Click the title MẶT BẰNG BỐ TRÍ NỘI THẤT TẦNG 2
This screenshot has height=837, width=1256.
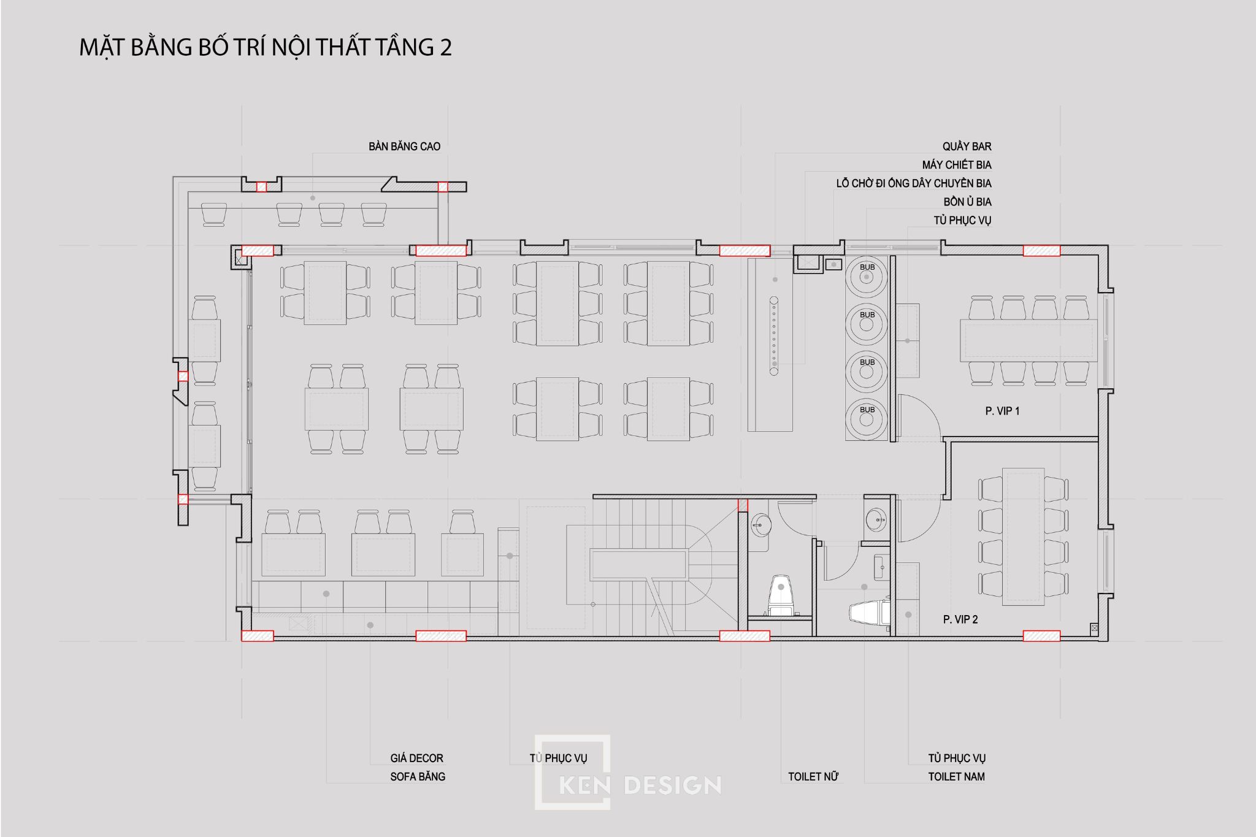[266, 47]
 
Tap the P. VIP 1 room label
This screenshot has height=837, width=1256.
[1002, 411]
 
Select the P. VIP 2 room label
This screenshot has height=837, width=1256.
[960, 619]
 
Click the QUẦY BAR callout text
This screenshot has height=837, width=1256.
[967, 147]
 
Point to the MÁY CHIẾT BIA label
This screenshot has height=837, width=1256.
[957, 165]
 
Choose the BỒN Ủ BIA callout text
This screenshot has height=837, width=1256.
[967, 202]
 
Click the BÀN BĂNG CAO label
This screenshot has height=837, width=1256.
[404, 147]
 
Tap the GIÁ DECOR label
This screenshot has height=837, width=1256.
[416, 758]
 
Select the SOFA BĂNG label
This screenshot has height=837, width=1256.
[418, 776]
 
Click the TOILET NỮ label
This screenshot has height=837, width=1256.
[813, 776]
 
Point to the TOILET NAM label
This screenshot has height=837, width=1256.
[956, 776]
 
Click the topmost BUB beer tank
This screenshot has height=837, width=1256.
[867, 277]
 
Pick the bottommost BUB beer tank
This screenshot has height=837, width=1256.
[867, 419]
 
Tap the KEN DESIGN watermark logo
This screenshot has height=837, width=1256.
[627, 772]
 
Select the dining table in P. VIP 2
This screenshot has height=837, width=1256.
[1024, 537]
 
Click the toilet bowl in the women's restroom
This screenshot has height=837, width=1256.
[780, 595]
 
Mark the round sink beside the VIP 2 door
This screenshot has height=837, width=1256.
[876, 519]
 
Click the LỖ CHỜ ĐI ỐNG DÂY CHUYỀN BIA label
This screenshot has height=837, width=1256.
[914, 183]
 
